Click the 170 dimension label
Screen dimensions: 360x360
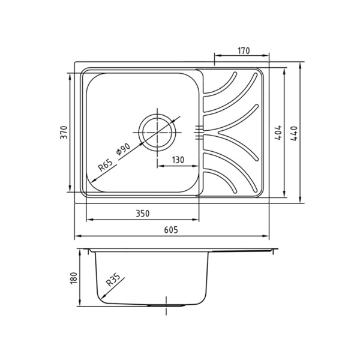(x=243, y=51)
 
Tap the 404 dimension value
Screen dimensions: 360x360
(x=278, y=133)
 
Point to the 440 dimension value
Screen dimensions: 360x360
(x=293, y=133)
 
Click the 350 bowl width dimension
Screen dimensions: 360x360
(x=142, y=214)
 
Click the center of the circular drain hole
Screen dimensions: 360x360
(x=158, y=131)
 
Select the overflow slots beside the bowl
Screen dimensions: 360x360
(x=199, y=132)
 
